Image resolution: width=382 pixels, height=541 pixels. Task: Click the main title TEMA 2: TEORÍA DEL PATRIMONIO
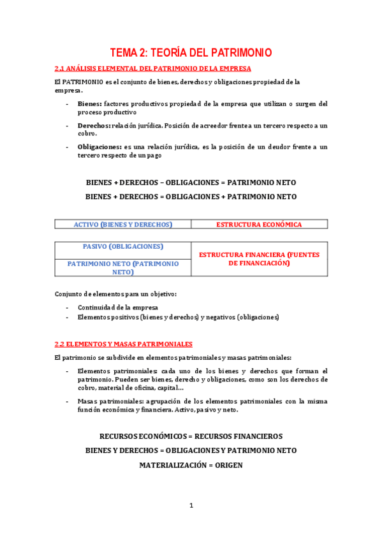coord(191,52)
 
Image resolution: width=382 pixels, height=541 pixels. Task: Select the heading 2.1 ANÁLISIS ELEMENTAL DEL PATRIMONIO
coord(153,68)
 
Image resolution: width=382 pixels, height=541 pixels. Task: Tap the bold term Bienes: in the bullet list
coord(89,103)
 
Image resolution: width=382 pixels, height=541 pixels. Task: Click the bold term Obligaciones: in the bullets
coord(99,147)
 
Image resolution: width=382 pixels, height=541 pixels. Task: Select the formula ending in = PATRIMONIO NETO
coord(191,182)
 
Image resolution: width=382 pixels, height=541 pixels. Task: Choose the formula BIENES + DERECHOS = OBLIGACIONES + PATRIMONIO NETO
coord(191,197)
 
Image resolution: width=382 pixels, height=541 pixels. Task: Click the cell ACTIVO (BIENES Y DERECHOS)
coord(123,225)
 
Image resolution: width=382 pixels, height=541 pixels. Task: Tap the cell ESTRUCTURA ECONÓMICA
coord(259,225)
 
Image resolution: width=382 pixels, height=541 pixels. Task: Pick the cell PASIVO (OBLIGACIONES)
coord(123,246)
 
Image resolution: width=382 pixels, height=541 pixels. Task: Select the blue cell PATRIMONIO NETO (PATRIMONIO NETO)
coord(123,267)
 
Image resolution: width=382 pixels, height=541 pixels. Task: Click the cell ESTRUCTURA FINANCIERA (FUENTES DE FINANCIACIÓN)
coord(259,258)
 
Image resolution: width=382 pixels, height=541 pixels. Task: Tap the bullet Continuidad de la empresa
coord(118,307)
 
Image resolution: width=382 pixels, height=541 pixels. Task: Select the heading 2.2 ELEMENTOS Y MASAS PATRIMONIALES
coord(124,343)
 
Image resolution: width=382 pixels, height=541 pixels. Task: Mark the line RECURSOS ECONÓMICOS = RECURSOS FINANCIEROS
coord(191,436)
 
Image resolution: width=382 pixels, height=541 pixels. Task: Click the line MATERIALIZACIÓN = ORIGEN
coord(191,465)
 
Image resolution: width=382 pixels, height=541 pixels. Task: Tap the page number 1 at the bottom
coord(191,506)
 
